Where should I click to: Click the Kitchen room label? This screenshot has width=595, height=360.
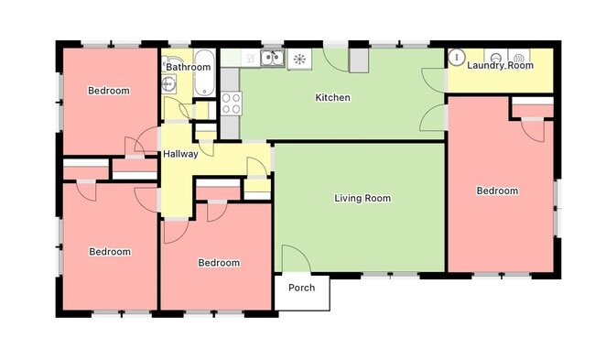tap(332, 98)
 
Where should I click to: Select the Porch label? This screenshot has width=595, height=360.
tap(301, 288)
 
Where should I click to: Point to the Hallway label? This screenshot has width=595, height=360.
tap(180, 154)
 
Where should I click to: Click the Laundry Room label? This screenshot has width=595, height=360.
tap(500, 66)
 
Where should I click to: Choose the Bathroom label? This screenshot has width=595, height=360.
tap(189, 67)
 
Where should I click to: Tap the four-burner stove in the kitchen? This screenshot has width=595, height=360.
tap(231, 104)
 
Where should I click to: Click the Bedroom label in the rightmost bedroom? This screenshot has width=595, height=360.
tap(497, 191)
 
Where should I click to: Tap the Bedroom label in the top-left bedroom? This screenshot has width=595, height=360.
tap(108, 91)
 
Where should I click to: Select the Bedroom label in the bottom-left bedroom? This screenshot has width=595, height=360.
tap(109, 251)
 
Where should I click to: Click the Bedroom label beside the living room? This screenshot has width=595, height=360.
tap(219, 263)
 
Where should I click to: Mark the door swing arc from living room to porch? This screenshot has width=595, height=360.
tap(295, 258)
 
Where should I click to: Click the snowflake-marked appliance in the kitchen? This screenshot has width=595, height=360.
tap(299, 60)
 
